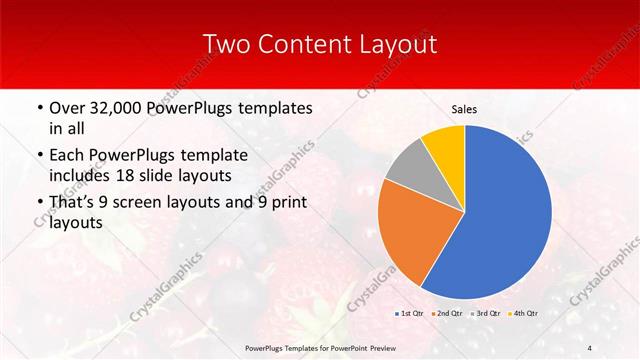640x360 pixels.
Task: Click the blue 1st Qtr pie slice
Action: click(505, 215)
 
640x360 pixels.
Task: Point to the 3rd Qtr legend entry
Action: click(485, 313)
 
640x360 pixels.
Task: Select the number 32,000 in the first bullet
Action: click(114, 107)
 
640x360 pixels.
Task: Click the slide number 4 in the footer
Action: click(590, 347)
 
